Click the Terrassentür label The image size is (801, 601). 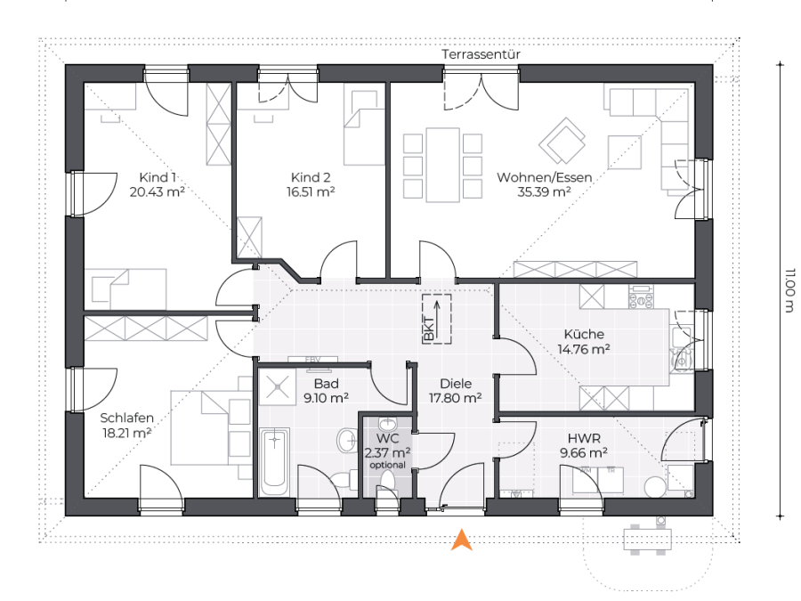[481, 54]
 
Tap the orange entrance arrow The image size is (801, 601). [461, 540]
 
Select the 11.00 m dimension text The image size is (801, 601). [789, 289]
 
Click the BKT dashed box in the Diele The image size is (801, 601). [437, 319]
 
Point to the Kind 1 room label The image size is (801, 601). [158, 177]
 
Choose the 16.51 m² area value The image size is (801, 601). [311, 192]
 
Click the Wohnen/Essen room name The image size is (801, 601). [545, 177]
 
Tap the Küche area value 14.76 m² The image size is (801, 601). [584, 350]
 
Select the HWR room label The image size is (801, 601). [584, 438]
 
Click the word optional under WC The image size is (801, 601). [388, 465]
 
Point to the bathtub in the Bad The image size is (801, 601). [274, 461]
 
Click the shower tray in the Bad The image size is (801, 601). [277, 386]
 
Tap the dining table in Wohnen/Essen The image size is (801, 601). [443, 165]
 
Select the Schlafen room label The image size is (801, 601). [126, 418]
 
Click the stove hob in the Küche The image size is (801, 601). [641, 296]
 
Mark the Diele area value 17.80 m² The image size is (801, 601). [455, 398]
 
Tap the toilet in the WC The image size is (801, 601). [388, 482]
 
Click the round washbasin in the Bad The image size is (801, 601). [348, 440]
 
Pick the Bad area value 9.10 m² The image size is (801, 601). [326, 398]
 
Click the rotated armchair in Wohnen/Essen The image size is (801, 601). [562, 141]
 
